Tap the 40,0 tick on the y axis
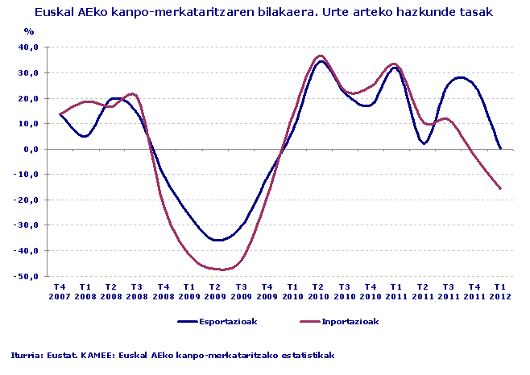[28, 47]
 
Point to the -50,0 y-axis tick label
[27, 276]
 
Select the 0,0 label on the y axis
[31, 149]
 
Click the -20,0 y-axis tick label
[27, 200]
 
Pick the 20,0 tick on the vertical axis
[28, 98]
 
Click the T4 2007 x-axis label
[60, 291]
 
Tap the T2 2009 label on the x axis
[215, 291]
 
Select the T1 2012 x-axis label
[500, 291]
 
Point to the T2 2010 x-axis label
[319, 291]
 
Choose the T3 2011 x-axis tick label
[449, 291]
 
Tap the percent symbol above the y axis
[29, 31]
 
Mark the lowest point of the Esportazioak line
[216, 240]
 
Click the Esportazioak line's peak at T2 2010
[320, 61]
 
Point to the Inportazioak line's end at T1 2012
[500, 189]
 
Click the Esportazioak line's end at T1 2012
[500, 148]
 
